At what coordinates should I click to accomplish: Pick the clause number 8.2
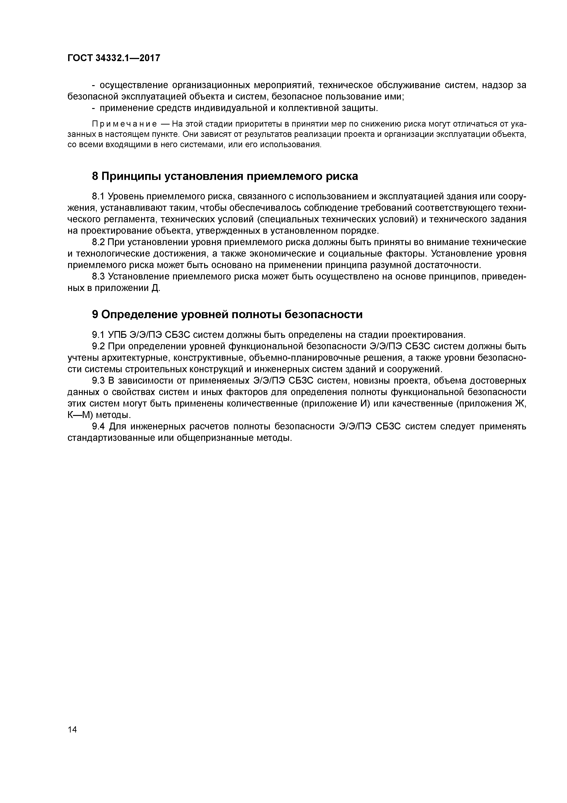(98, 242)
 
